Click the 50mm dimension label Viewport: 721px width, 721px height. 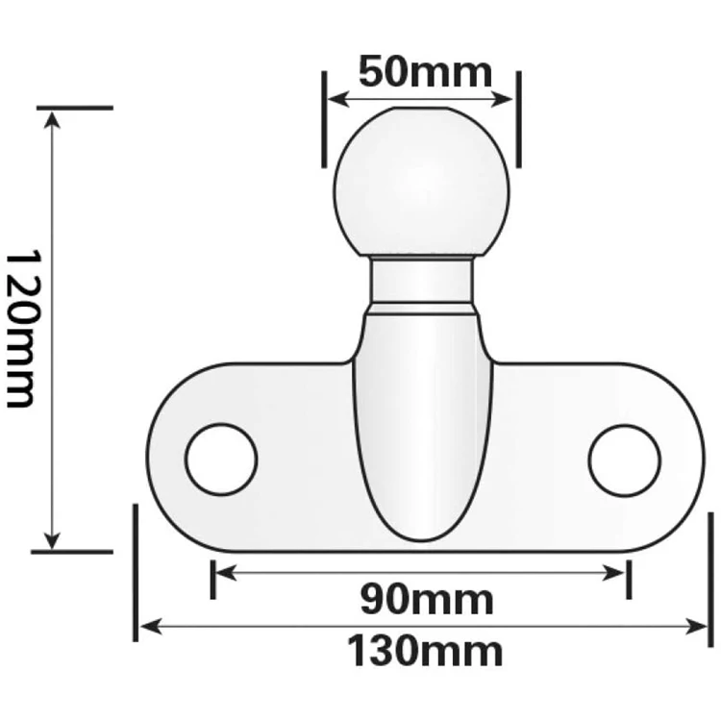[x=424, y=72]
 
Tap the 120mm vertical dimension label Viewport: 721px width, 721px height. [x=22, y=329]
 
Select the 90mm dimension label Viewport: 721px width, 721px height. [x=426, y=600]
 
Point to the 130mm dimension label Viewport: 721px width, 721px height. [x=424, y=652]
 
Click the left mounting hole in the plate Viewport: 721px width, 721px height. [x=221, y=459]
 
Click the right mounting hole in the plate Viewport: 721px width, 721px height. [x=625, y=459]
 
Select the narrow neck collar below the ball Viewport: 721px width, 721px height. [x=422, y=281]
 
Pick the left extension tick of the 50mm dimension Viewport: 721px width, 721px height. [x=324, y=117]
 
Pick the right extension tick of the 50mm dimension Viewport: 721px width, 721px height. [x=517, y=117]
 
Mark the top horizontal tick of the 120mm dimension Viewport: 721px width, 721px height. [x=72, y=108]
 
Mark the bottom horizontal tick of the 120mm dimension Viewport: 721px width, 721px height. [x=72, y=552]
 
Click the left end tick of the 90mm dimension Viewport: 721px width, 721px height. [x=212, y=576]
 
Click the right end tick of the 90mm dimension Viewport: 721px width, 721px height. [x=629, y=576]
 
